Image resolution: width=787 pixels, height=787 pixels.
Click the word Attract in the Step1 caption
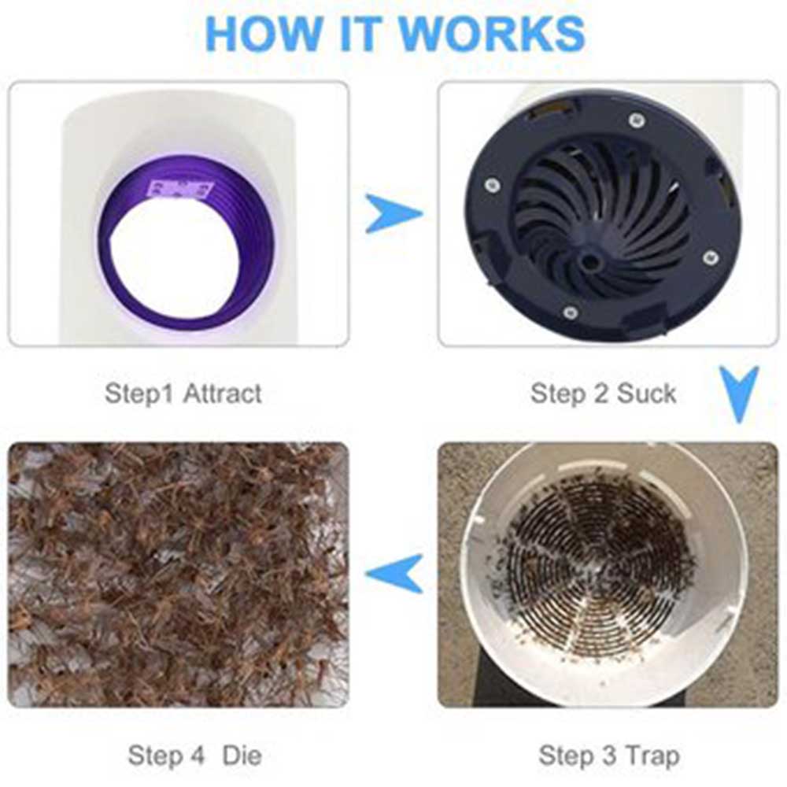pyautogui.click(x=222, y=393)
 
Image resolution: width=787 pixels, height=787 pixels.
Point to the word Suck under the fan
pyautogui.click(x=646, y=393)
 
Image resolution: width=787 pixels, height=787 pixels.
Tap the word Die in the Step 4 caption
pyautogui.click(x=242, y=755)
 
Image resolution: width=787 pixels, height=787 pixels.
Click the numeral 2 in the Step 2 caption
pyautogui.click(x=600, y=393)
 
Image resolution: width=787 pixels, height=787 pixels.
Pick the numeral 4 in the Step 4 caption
pyautogui.click(x=198, y=756)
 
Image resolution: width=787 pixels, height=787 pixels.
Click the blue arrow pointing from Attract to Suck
pyautogui.click(x=393, y=214)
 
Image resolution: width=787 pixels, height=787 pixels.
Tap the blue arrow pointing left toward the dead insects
pyautogui.click(x=395, y=573)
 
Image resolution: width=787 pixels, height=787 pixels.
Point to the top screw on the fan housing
pyautogui.click(x=636, y=120)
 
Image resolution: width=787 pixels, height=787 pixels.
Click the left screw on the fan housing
pyautogui.click(x=492, y=186)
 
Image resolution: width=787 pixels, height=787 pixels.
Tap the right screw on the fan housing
pyautogui.click(x=709, y=258)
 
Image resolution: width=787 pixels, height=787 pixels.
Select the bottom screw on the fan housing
pyautogui.click(x=570, y=313)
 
